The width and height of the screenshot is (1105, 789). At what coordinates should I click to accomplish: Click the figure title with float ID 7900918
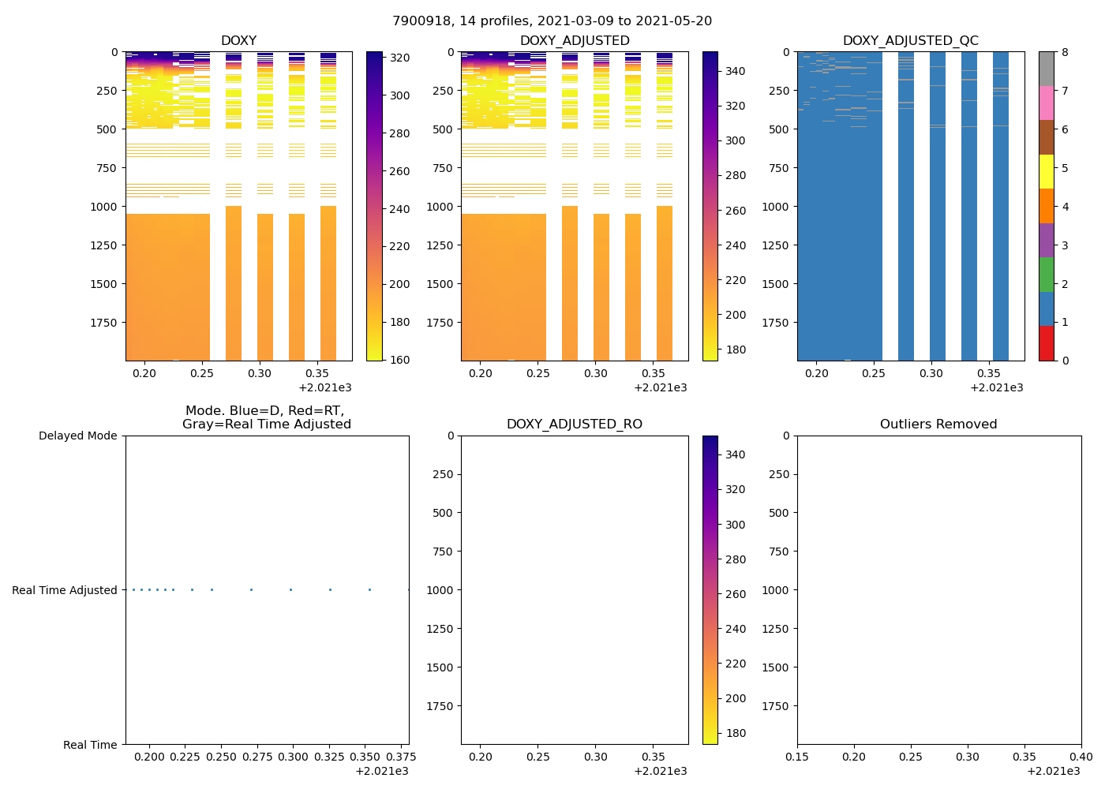click(552, 21)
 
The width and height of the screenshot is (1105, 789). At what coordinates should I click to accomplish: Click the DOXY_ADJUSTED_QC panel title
click(910, 41)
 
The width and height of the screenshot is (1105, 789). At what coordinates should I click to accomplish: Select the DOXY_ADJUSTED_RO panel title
click(574, 424)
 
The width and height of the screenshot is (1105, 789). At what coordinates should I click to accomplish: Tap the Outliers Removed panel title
click(938, 424)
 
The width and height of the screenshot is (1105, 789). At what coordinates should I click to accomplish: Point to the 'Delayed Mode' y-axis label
click(77, 436)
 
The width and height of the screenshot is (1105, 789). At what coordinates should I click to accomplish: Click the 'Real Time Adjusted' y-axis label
click(64, 590)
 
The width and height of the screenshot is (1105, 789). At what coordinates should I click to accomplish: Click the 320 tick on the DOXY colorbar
click(399, 58)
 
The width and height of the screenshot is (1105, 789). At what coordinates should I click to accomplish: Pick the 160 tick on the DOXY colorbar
click(399, 360)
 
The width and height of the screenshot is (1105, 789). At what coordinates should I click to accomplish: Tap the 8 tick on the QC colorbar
click(1065, 52)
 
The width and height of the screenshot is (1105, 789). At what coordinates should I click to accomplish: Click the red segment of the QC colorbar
click(1046, 343)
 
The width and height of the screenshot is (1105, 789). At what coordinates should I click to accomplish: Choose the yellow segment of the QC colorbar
click(1046, 171)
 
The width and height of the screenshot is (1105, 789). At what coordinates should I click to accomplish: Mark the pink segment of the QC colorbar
click(1046, 103)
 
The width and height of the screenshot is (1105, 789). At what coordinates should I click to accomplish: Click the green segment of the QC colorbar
click(1046, 275)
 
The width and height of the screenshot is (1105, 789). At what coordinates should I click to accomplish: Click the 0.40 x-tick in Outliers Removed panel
click(1081, 757)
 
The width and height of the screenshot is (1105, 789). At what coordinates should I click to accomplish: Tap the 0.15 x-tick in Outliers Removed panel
click(797, 757)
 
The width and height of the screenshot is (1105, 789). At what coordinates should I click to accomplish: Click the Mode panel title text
click(266, 417)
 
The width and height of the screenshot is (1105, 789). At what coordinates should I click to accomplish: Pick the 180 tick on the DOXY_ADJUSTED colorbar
click(735, 350)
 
